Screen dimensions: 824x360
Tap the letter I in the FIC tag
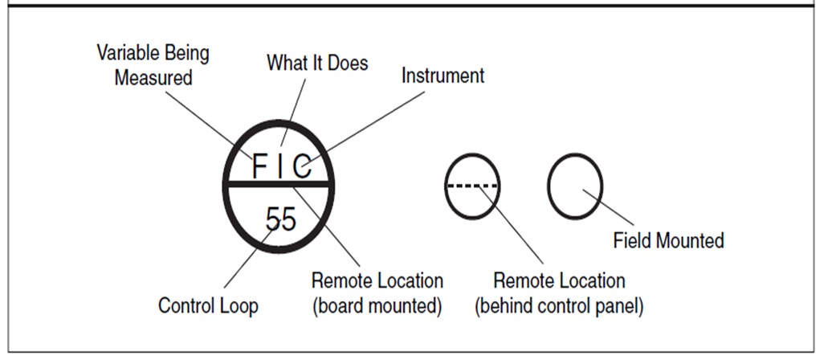click(280, 166)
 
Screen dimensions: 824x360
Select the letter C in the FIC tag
click(302, 166)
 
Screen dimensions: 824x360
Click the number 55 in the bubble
click(280, 219)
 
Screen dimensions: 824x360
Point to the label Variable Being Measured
click(153, 65)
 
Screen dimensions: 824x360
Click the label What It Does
click(317, 63)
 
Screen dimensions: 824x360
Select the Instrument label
click(443, 76)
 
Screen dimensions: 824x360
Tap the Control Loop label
click(208, 305)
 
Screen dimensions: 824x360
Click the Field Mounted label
click(668, 241)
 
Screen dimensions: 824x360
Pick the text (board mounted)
click(377, 306)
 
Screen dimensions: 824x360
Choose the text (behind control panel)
click(559, 306)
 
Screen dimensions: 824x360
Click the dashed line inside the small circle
click(472, 186)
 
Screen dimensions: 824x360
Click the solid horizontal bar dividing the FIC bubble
click(279, 184)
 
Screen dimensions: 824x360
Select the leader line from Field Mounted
click(609, 207)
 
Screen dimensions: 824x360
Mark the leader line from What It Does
click(292, 113)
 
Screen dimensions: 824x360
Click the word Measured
click(153, 78)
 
